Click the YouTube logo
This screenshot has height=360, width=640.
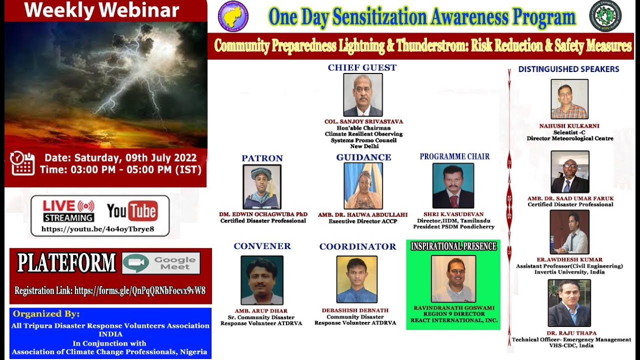(x=132, y=210)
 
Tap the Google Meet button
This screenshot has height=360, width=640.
(x=161, y=263)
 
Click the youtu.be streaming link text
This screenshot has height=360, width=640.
(x=97, y=229)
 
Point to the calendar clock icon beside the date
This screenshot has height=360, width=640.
(x=22, y=163)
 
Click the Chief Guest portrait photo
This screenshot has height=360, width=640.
(x=362, y=95)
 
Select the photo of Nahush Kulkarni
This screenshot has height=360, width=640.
(x=569, y=99)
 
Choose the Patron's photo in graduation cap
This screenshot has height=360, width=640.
(x=262, y=187)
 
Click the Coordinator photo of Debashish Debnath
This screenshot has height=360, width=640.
(x=356, y=279)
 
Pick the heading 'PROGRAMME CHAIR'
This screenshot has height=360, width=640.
(x=454, y=156)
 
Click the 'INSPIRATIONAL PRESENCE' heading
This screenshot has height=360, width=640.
(x=453, y=246)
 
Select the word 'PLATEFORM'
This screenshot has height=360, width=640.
(x=66, y=263)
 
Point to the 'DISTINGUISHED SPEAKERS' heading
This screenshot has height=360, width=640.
(x=568, y=69)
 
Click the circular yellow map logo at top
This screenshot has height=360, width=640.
(x=233, y=15)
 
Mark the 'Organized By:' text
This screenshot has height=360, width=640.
(x=46, y=314)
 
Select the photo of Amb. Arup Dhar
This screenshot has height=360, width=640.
(x=261, y=280)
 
